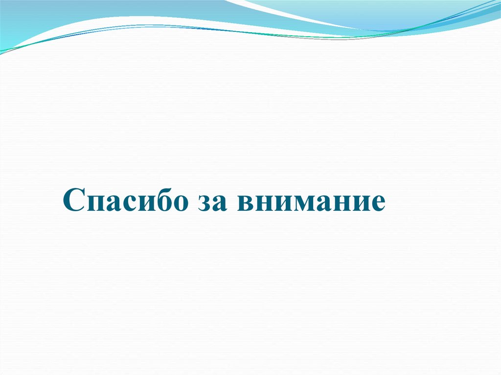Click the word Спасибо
pyautogui.click(x=125, y=200)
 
